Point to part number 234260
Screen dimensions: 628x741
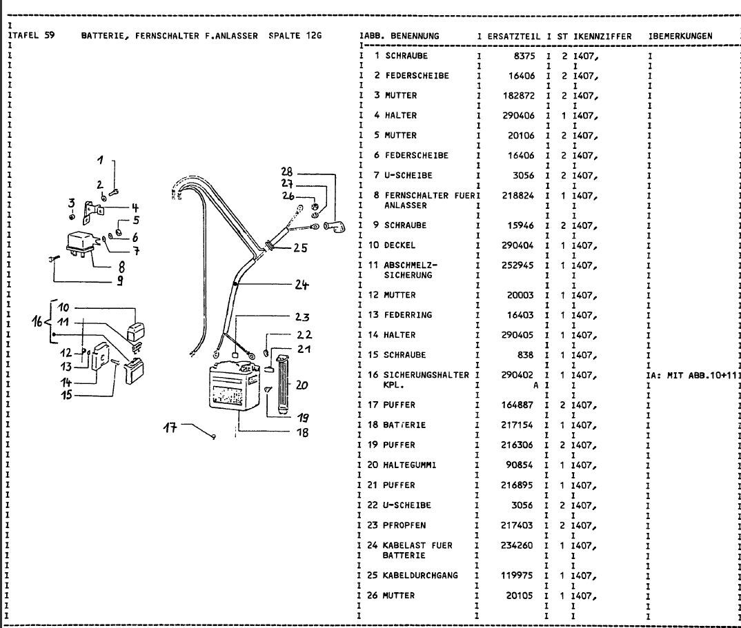(516, 545)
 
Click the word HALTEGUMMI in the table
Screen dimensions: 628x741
(410, 465)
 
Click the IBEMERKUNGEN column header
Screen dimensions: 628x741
(680, 35)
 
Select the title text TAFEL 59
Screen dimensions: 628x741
(33, 34)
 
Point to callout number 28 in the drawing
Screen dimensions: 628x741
(287, 172)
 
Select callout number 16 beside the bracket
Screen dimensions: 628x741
(38, 321)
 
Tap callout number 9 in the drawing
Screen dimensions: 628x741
(120, 281)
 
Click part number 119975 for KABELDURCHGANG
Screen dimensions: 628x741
(516, 575)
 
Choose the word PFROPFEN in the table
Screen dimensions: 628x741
(404, 525)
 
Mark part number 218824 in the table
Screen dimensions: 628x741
(516, 196)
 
